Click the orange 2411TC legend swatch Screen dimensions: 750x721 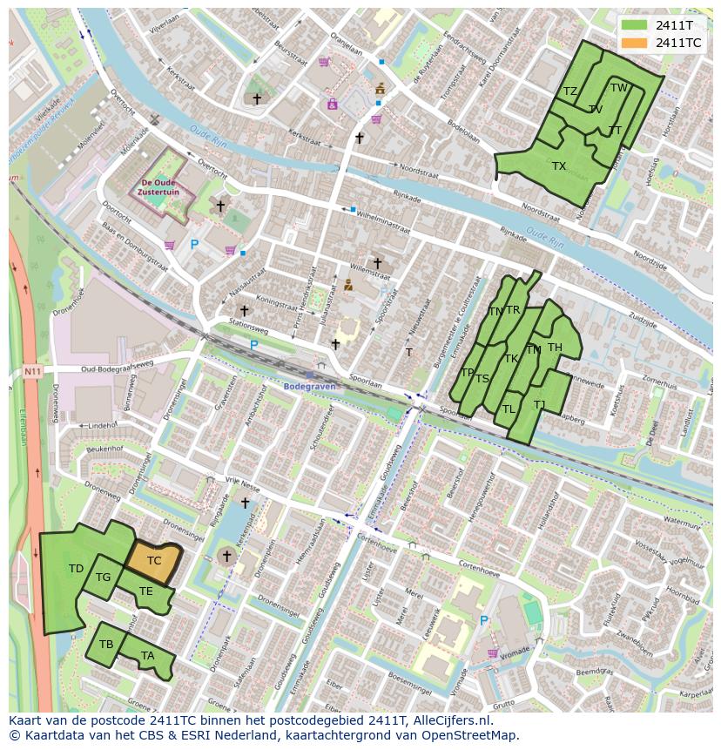tap(634, 43)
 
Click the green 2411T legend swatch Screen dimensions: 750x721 tap(634, 25)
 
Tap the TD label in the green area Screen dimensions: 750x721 tap(76, 569)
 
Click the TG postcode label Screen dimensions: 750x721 tap(103, 578)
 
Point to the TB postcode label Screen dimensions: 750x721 tap(106, 645)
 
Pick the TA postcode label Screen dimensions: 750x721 tap(147, 656)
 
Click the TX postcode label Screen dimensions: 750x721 tap(559, 166)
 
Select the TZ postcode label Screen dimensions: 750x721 tap(570, 91)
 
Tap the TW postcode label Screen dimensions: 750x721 tap(618, 88)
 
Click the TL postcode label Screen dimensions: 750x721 tap(509, 409)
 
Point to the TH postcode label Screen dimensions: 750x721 tap(555, 348)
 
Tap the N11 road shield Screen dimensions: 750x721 tap(32, 371)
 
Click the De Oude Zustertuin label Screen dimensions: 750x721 tap(160, 186)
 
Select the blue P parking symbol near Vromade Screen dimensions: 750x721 tap(484, 620)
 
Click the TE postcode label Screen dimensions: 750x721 tap(145, 591)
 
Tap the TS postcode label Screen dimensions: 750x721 tap(482, 378)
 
